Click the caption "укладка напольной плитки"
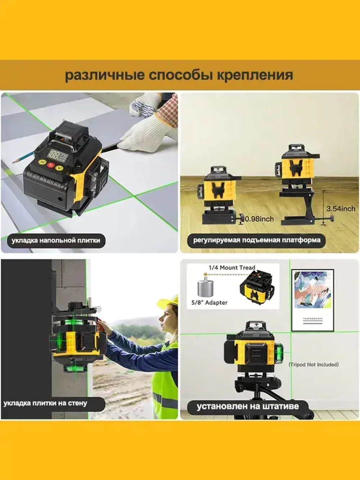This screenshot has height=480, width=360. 56,240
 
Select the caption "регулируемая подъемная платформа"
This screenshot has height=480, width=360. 257,240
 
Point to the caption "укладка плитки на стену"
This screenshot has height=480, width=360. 45,403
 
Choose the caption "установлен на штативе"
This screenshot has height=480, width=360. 248,407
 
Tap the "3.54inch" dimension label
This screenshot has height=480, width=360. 341,208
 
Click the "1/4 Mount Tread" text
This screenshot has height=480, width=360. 232,268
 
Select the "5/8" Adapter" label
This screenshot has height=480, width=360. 209,302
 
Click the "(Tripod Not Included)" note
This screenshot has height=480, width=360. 314,364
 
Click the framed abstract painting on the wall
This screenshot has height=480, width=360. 312,300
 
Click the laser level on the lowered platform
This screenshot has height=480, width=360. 219,187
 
